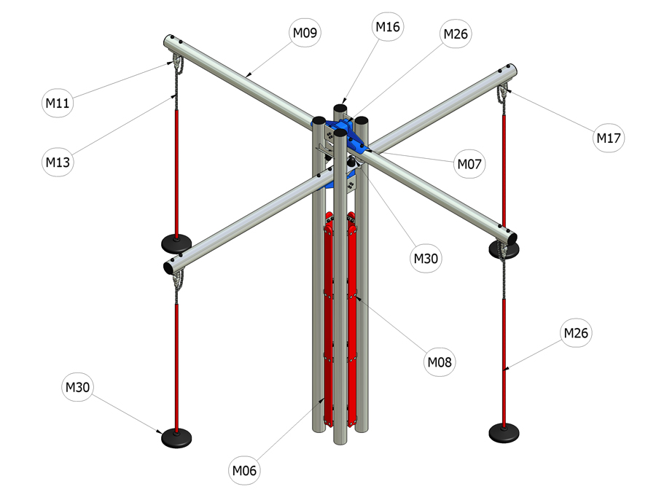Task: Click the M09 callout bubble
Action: [305, 32]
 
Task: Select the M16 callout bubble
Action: [388, 27]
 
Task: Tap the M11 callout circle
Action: [58, 103]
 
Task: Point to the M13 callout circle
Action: [58, 162]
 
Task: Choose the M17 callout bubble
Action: [609, 137]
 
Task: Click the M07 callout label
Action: [469, 163]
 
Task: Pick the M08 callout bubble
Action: [440, 362]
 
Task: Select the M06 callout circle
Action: [244, 470]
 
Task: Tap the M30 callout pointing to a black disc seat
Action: [78, 387]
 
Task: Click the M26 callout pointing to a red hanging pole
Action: [576, 332]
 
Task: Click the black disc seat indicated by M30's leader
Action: [176, 437]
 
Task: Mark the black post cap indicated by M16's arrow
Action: [340, 107]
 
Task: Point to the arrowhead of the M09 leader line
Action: [249, 76]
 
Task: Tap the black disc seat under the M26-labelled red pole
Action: [504, 432]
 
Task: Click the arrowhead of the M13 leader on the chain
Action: [173, 97]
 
